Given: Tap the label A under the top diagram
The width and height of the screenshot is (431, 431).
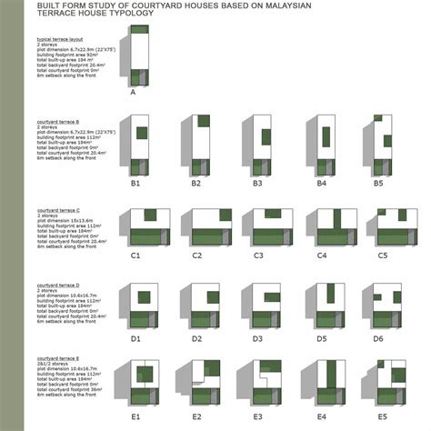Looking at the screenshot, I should pos(133,92).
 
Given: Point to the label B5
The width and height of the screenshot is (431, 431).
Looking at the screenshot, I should pos(380,182).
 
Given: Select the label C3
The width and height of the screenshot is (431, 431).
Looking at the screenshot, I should pos(258,256).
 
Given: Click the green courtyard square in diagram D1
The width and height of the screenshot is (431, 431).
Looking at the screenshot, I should pos(143,296).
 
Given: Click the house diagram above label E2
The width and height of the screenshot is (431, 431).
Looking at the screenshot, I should pos(201,382).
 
